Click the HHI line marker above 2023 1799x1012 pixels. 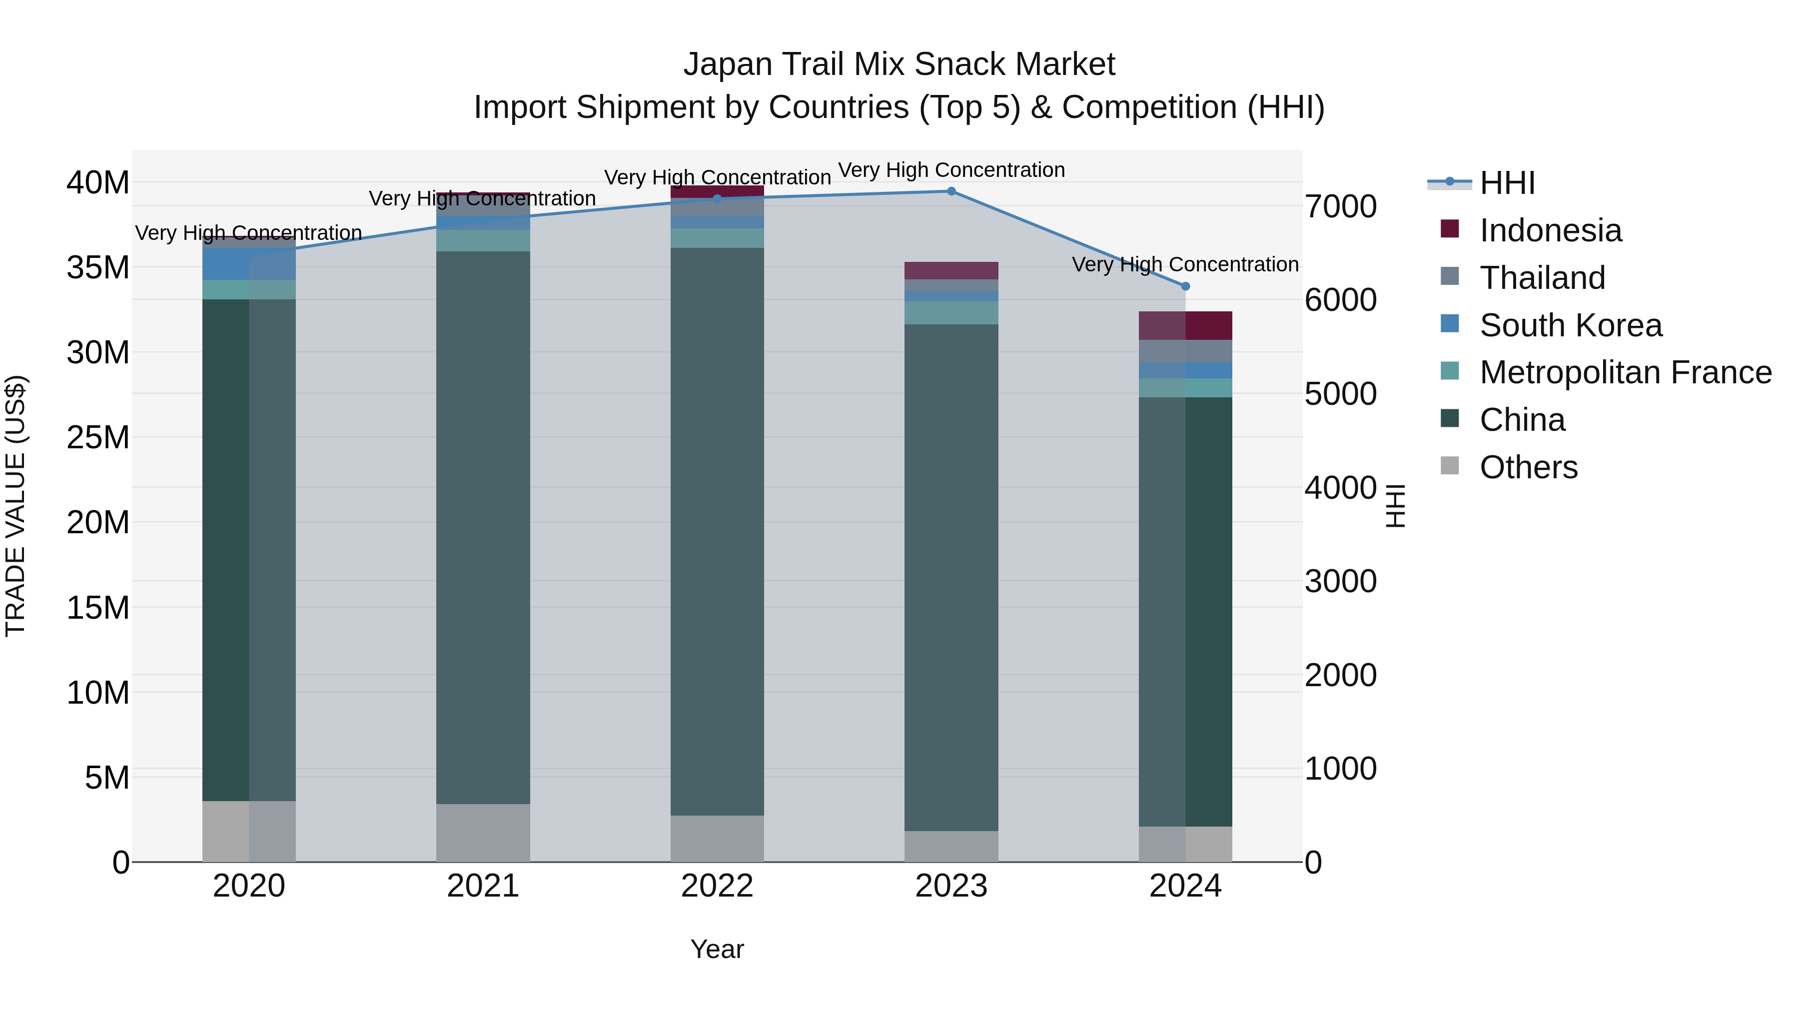point(951,191)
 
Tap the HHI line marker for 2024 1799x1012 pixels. point(1185,286)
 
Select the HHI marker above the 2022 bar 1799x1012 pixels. point(717,198)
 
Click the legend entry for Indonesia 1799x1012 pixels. point(1550,230)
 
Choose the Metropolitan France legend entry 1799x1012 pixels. point(1625,372)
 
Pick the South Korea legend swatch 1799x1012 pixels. point(1450,324)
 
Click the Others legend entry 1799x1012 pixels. point(1528,467)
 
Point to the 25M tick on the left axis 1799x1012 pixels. point(98,438)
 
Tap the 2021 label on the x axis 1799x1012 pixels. point(483,886)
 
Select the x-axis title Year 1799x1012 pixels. point(717,949)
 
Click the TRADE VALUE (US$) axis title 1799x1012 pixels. point(16,506)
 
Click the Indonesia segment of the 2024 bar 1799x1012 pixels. point(1185,325)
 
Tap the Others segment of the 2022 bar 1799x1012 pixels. point(717,838)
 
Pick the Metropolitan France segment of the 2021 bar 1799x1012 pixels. point(483,240)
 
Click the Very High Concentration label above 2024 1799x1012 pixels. point(1185,265)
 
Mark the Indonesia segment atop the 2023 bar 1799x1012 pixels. point(951,270)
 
